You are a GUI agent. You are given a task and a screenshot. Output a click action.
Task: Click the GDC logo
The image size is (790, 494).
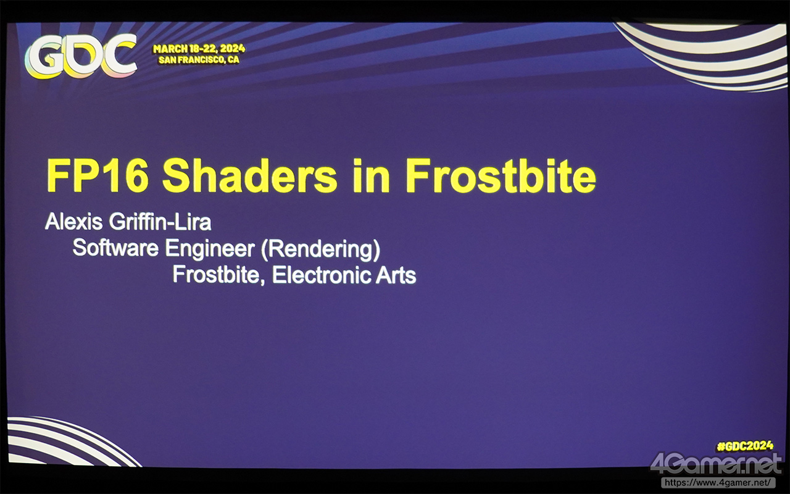tap(80, 57)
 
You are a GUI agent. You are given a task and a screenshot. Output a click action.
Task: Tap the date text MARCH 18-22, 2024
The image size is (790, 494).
tap(199, 49)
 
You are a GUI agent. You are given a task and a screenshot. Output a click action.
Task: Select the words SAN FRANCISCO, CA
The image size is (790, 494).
tap(199, 60)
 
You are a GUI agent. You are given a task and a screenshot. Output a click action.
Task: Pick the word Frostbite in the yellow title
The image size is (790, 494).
tap(501, 175)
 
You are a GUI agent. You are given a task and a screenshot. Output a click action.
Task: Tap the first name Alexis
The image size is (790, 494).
tap(73, 222)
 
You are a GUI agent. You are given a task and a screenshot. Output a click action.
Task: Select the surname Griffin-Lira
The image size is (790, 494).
tap(160, 222)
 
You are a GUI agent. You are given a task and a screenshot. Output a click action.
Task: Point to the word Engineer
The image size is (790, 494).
tap(210, 248)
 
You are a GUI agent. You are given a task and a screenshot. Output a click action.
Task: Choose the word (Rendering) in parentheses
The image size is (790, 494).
tap(320, 249)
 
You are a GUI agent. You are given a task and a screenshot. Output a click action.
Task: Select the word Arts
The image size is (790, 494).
tap(396, 275)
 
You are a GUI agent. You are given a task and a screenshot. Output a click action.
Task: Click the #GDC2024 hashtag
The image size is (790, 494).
tap(745, 446)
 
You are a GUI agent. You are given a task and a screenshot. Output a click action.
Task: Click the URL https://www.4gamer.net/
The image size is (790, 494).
tap(718, 482)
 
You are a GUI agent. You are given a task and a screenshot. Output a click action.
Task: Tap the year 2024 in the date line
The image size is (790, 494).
tap(233, 49)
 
